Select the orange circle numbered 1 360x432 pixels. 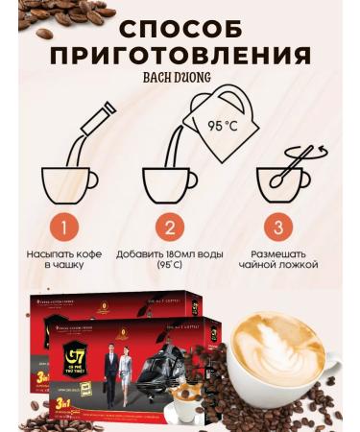point(62,228)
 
